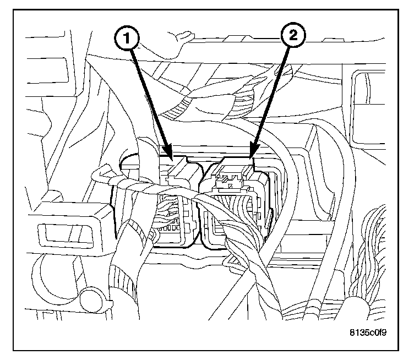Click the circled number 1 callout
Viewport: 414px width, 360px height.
coord(127,39)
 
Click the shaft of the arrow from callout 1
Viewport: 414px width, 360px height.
coord(149,99)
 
